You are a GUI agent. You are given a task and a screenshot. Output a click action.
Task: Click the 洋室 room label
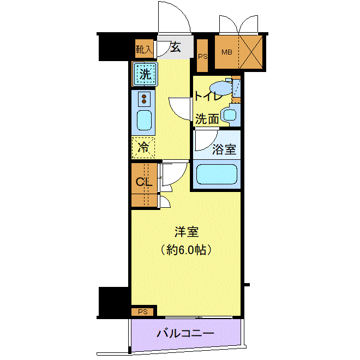click(x=187, y=232)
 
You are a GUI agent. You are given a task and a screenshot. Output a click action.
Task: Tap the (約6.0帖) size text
click(x=186, y=250)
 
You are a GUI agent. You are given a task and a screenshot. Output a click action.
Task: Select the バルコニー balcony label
click(x=185, y=333)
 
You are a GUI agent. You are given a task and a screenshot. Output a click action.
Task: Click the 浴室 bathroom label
click(x=224, y=149)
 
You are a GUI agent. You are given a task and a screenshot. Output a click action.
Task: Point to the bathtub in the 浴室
click(x=217, y=174)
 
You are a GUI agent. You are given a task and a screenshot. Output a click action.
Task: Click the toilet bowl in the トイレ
click(x=221, y=88)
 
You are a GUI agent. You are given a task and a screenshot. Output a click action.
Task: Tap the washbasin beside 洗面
click(x=230, y=115)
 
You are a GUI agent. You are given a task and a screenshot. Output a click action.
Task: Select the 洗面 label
click(x=207, y=119)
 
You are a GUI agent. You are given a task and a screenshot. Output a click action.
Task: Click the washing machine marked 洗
click(x=145, y=74)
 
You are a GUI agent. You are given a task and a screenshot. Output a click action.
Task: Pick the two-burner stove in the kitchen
click(x=144, y=99)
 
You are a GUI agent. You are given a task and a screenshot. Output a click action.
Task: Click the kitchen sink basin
click(x=144, y=121)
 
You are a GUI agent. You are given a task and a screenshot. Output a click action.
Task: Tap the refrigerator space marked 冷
click(x=143, y=148)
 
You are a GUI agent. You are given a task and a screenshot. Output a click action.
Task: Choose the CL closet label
click(x=144, y=182)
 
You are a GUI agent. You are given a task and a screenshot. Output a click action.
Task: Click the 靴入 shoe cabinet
click(x=144, y=49)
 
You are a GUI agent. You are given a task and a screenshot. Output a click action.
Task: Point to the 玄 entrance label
click(x=176, y=47)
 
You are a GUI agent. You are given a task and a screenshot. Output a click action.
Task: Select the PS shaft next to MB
click(x=202, y=56)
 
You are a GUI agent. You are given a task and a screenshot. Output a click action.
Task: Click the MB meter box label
click(x=227, y=52)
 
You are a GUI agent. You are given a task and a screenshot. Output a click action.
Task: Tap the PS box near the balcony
click(x=142, y=312)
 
